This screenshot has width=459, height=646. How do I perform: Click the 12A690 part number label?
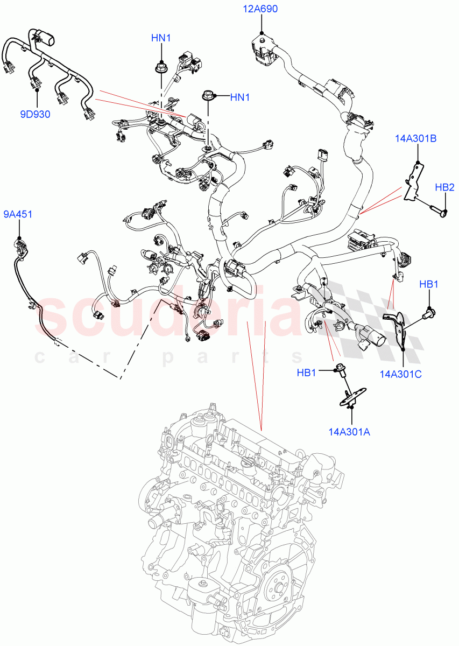point(261,9)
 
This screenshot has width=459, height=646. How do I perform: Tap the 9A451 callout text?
point(18,214)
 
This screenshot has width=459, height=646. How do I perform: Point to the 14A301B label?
point(415,138)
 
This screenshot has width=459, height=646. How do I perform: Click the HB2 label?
point(444,187)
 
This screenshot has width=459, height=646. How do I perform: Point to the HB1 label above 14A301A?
point(307,373)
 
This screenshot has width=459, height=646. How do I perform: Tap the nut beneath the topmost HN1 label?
point(160,68)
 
